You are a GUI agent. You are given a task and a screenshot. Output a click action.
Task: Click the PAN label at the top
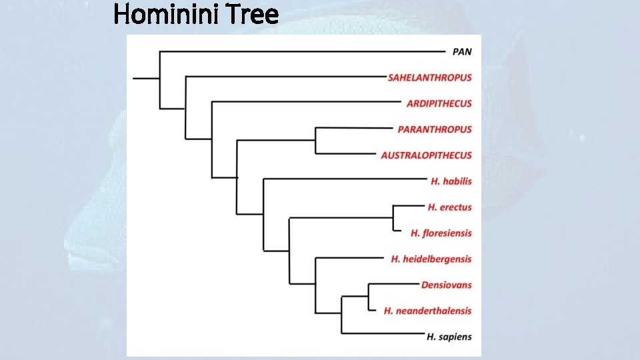coord(461,51)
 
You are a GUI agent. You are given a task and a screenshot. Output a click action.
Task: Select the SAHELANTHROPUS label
coord(429,77)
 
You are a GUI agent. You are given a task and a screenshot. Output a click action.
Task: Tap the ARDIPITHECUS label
coord(439,103)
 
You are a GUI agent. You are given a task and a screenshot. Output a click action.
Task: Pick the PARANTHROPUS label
coord(434,129)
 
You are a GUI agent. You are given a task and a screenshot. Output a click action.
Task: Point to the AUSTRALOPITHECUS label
coord(426,155)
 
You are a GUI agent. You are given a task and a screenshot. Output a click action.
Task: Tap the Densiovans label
coord(446,285)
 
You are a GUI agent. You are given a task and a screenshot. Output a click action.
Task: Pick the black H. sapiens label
coord(449,337)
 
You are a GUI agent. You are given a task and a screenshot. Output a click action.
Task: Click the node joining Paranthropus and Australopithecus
coord(315,141)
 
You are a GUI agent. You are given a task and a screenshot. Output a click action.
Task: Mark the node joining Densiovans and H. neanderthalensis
coord(368,297)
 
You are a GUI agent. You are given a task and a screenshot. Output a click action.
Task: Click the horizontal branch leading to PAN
coord(300,51)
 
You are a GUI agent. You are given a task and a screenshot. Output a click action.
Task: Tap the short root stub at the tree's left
coord(146,78)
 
